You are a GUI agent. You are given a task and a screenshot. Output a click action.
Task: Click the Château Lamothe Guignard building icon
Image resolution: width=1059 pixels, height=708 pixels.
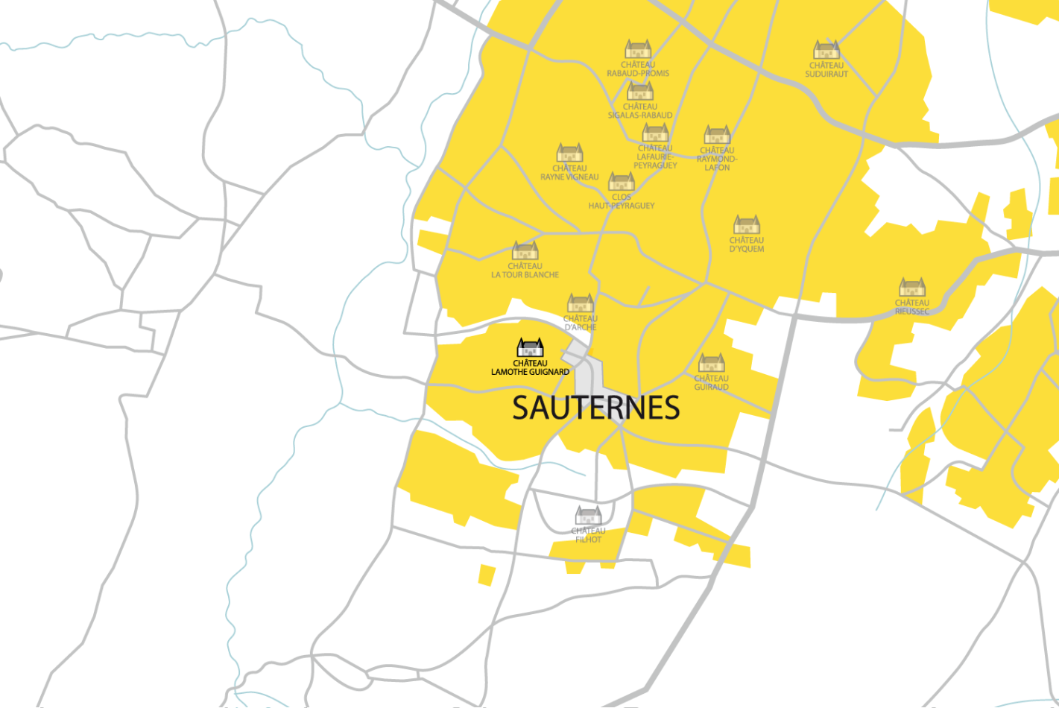point(530,348)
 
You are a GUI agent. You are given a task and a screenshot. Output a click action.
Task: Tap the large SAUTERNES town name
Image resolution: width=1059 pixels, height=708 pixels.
point(595,408)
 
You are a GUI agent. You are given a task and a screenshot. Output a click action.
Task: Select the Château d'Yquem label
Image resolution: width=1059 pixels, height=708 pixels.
point(746,244)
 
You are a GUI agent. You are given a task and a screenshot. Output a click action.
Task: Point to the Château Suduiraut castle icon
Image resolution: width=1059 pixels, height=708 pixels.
point(826,50)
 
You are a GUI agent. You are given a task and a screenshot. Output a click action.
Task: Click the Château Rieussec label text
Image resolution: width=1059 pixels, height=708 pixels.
point(911,307)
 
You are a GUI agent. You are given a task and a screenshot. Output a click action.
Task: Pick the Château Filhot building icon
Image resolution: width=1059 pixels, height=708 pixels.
point(588,516)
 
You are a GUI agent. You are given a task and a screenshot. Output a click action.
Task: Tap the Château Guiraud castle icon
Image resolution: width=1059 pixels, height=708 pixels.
point(711,363)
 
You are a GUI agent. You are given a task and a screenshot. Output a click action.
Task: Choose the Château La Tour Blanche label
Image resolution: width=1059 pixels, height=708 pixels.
point(525,271)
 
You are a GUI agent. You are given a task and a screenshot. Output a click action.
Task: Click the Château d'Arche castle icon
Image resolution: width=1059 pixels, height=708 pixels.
point(581,303)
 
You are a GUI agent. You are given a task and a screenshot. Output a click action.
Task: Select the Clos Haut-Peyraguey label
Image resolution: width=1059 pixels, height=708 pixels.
point(621,201)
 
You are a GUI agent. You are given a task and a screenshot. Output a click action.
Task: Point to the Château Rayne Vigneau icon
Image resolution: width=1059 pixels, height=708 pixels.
point(569,154)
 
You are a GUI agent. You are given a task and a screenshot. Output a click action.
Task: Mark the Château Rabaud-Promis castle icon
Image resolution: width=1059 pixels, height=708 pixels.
point(638,50)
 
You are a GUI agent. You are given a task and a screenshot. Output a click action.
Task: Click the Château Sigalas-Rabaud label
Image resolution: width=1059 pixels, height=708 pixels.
point(639,111)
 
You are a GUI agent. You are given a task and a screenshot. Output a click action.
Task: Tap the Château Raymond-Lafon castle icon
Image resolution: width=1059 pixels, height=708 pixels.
point(717,135)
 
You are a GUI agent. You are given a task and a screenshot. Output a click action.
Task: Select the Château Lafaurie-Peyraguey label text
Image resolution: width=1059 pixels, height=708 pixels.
point(655,157)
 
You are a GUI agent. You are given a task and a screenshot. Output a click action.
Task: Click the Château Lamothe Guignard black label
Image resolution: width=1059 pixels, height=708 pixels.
point(530,367)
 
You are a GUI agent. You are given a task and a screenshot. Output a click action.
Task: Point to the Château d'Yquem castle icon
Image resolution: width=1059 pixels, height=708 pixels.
point(746,225)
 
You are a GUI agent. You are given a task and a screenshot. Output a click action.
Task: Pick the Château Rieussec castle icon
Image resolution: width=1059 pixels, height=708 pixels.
point(912,288)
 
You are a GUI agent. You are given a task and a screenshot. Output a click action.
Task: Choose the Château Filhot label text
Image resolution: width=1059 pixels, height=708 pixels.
point(588,535)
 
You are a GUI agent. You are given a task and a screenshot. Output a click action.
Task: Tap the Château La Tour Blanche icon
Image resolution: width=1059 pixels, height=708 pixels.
point(525,251)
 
